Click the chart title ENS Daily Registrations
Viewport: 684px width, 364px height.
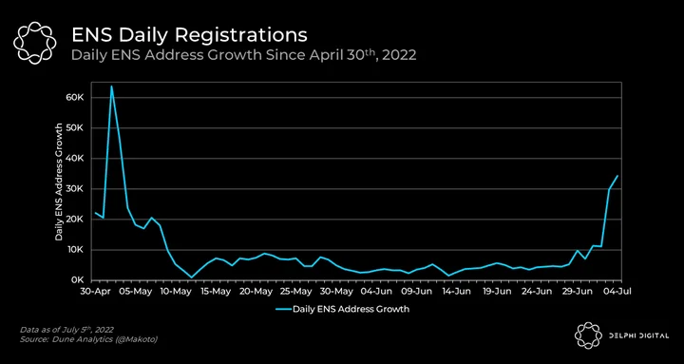(189, 35)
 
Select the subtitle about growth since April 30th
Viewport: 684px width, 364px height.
(243, 56)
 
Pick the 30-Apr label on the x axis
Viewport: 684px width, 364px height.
(95, 291)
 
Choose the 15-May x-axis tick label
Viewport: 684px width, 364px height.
(214, 291)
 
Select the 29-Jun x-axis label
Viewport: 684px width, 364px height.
(578, 291)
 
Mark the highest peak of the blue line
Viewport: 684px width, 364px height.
(111, 86)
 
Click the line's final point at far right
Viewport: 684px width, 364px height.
(617, 176)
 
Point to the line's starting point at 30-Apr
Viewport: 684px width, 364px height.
(95, 213)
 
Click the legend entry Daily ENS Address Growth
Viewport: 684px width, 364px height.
(342, 309)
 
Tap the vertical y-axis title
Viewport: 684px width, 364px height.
(59, 182)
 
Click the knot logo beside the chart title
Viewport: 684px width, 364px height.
(34, 43)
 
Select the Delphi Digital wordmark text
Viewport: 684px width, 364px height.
(639, 335)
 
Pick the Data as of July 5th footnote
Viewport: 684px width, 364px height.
(66, 330)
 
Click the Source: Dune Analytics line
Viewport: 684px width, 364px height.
(88, 339)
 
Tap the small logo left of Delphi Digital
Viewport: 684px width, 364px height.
(588, 335)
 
